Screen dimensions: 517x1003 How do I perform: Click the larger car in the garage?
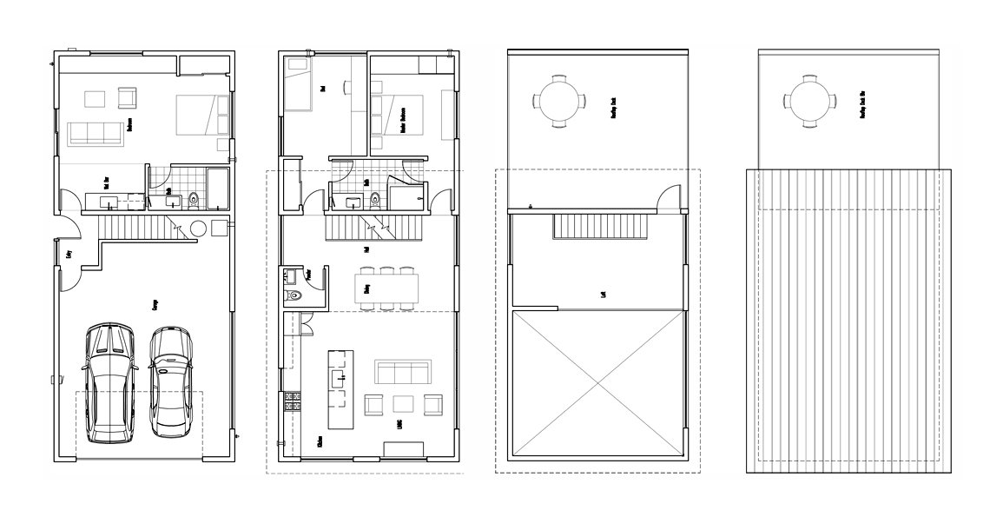coord(109,382)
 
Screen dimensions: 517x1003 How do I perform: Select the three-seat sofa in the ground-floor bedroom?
coord(95,133)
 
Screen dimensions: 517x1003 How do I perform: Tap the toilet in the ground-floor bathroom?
coord(193,200)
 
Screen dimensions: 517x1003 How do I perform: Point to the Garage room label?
coord(155,305)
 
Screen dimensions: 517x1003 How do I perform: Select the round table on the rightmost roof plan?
coord(808,100)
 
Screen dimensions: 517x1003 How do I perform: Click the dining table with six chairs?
coord(387,288)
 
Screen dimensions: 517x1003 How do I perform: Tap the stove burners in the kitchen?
coord(293,401)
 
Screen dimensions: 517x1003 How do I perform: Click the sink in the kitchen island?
coord(337,377)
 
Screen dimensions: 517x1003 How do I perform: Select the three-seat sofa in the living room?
coord(402,373)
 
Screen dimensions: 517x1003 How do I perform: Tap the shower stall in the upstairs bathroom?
coord(404,195)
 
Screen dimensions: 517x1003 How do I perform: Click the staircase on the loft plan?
coord(600,228)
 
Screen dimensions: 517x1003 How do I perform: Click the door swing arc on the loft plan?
coord(669,198)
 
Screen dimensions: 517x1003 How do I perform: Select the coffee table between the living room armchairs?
coord(403,403)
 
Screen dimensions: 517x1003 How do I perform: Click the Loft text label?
coord(603,294)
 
